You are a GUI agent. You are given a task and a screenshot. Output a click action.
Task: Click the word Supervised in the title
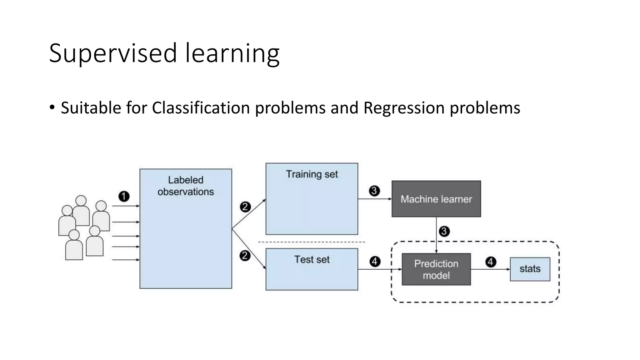[x=113, y=53]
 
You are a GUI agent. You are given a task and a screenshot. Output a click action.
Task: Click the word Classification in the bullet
[x=201, y=108]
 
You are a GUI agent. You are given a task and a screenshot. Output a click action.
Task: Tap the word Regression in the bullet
[x=404, y=108]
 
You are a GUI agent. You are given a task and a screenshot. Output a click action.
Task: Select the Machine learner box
[x=436, y=199]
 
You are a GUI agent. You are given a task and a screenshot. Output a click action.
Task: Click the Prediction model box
[x=436, y=269]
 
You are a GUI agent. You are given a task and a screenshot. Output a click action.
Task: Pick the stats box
[x=530, y=269]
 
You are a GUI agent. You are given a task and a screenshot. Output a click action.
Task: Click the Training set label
[x=312, y=174]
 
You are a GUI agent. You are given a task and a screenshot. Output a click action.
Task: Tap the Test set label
[x=312, y=259]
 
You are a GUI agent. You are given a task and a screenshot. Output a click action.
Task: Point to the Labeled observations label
[x=186, y=186]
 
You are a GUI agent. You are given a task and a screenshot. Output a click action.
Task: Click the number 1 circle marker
[x=124, y=196]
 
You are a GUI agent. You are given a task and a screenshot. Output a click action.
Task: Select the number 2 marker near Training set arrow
[x=245, y=207]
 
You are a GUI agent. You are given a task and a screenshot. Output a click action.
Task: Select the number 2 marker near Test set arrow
[x=245, y=256]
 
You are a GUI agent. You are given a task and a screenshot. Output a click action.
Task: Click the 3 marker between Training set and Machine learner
[x=374, y=191]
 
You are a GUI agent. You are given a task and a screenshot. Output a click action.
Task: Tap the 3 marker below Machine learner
[x=444, y=231]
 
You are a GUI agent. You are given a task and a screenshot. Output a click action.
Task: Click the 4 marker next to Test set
[x=375, y=261]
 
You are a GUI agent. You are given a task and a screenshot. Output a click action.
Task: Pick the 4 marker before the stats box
[x=491, y=262]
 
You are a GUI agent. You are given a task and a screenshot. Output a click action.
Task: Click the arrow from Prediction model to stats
[x=490, y=269]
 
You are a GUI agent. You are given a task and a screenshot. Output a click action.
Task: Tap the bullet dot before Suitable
[x=52, y=107]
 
